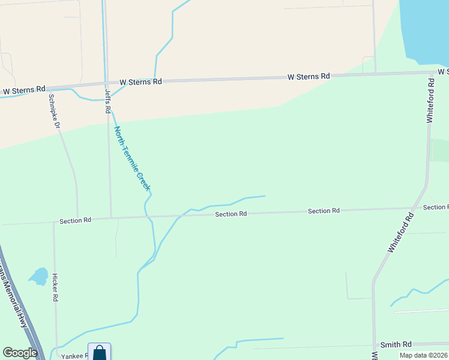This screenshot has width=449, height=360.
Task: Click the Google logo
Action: tap(20, 353)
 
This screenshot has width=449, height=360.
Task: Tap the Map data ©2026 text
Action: tap(423, 355)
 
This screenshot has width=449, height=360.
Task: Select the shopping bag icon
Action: tap(99, 352)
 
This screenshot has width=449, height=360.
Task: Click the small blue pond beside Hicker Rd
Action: tap(39, 276)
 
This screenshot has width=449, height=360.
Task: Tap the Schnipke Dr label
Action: tap(54, 111)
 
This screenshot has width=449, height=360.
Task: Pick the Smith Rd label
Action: tap(396, 344)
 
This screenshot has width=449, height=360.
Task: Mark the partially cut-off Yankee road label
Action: tap(74, 356)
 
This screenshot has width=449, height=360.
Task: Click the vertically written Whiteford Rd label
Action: tap(430, 100)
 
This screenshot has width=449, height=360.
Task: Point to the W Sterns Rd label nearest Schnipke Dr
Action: tap(24, 89)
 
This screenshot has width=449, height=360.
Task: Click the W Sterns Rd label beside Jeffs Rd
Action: tap(140, 82)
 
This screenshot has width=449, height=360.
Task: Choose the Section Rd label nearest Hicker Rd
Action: tap(76, 220)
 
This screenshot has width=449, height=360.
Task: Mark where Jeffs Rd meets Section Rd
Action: tap(111, 218)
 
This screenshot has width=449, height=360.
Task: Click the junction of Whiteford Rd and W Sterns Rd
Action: tap(431, 73)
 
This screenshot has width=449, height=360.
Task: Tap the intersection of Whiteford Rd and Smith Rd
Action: tap(373, 346)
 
